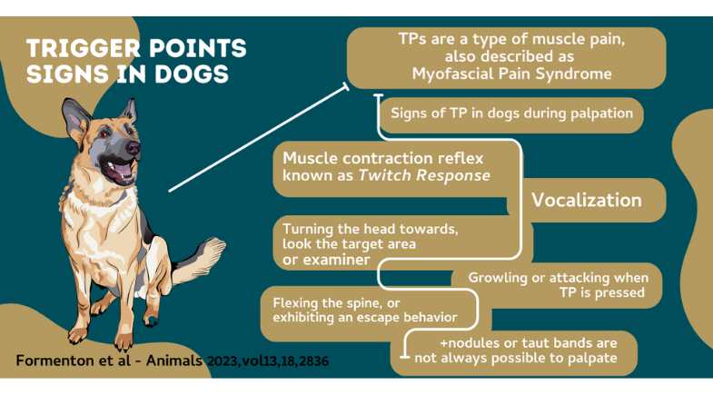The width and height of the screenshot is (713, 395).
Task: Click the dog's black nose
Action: [133, 147]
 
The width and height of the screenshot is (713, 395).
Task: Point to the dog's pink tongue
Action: [124, 172]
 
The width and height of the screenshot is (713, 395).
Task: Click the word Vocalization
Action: [587, 200]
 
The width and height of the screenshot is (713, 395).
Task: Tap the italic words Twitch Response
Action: [424, 175]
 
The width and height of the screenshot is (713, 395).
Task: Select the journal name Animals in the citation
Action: [174, 360]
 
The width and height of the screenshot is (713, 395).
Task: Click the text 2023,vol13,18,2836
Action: [267, 361]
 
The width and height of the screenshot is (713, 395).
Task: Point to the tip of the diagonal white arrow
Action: [348, 84]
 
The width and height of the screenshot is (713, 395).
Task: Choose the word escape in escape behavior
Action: [376, 318]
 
